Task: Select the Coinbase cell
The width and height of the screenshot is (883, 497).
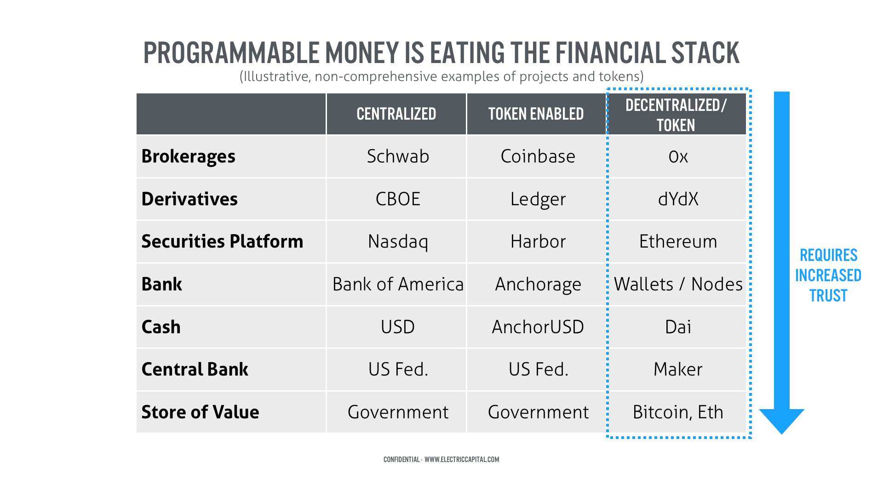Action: [538, 156]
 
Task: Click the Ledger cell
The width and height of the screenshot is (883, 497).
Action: [538, 199]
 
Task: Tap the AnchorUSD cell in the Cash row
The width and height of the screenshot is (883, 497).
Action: [538, 327]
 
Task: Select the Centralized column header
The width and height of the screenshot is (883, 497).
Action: [396, 114]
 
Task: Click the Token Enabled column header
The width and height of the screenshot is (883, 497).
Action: [536, 114]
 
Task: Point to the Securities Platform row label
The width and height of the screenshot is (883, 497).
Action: [222, 242]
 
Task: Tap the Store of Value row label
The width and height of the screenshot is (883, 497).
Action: [200, 412]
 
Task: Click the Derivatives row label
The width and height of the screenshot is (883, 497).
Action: [189, 199]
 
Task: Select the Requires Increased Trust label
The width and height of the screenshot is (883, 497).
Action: [828, 275]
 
